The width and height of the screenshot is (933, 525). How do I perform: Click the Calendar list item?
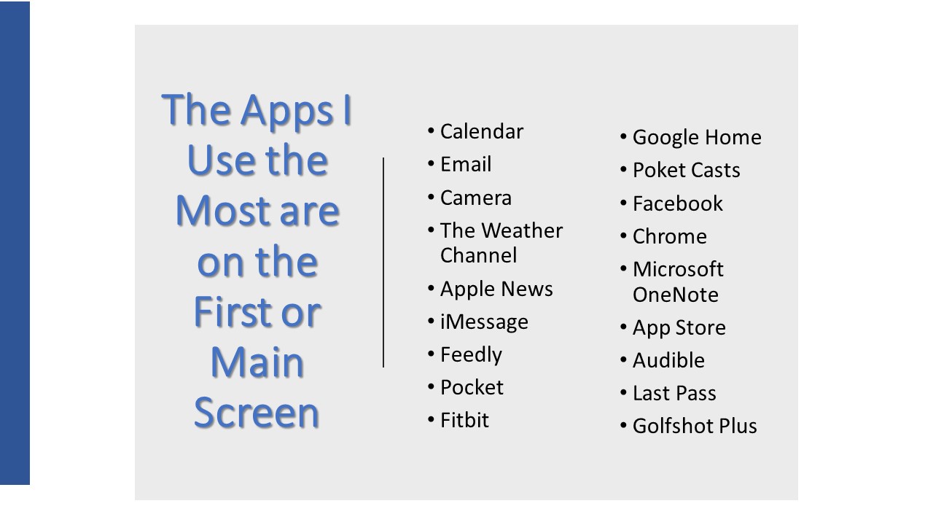tap(482, 131)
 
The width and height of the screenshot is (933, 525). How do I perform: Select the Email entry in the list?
tap(466, 164)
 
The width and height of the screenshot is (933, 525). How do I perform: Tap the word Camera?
tap(476, 198)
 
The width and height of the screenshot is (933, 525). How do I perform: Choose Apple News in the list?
tap(496, 289)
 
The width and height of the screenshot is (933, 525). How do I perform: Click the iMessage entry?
tap(484, 322)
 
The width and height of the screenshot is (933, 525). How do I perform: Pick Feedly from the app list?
tap(471, 355)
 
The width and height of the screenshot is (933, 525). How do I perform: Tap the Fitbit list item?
tap(464, 420)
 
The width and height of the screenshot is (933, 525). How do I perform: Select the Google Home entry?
tap(697, 138)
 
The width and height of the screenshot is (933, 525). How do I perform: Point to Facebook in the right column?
tap(678, 203)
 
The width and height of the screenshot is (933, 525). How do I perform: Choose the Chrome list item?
tap(670, 236)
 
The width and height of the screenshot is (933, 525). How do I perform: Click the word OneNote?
tap(676, 295)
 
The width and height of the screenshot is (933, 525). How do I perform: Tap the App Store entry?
tap(679, 328)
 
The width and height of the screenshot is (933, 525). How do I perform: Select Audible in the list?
tap(668, 360)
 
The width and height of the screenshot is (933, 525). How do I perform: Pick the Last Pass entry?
tap(674, 393)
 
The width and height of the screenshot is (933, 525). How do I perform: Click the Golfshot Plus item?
tap(695, 427)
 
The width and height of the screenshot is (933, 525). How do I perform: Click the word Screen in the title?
tap(257, 413)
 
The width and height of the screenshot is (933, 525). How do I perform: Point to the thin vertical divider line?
tap(383, 262)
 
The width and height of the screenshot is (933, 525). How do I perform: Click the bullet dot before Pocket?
tap(431, 387)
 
